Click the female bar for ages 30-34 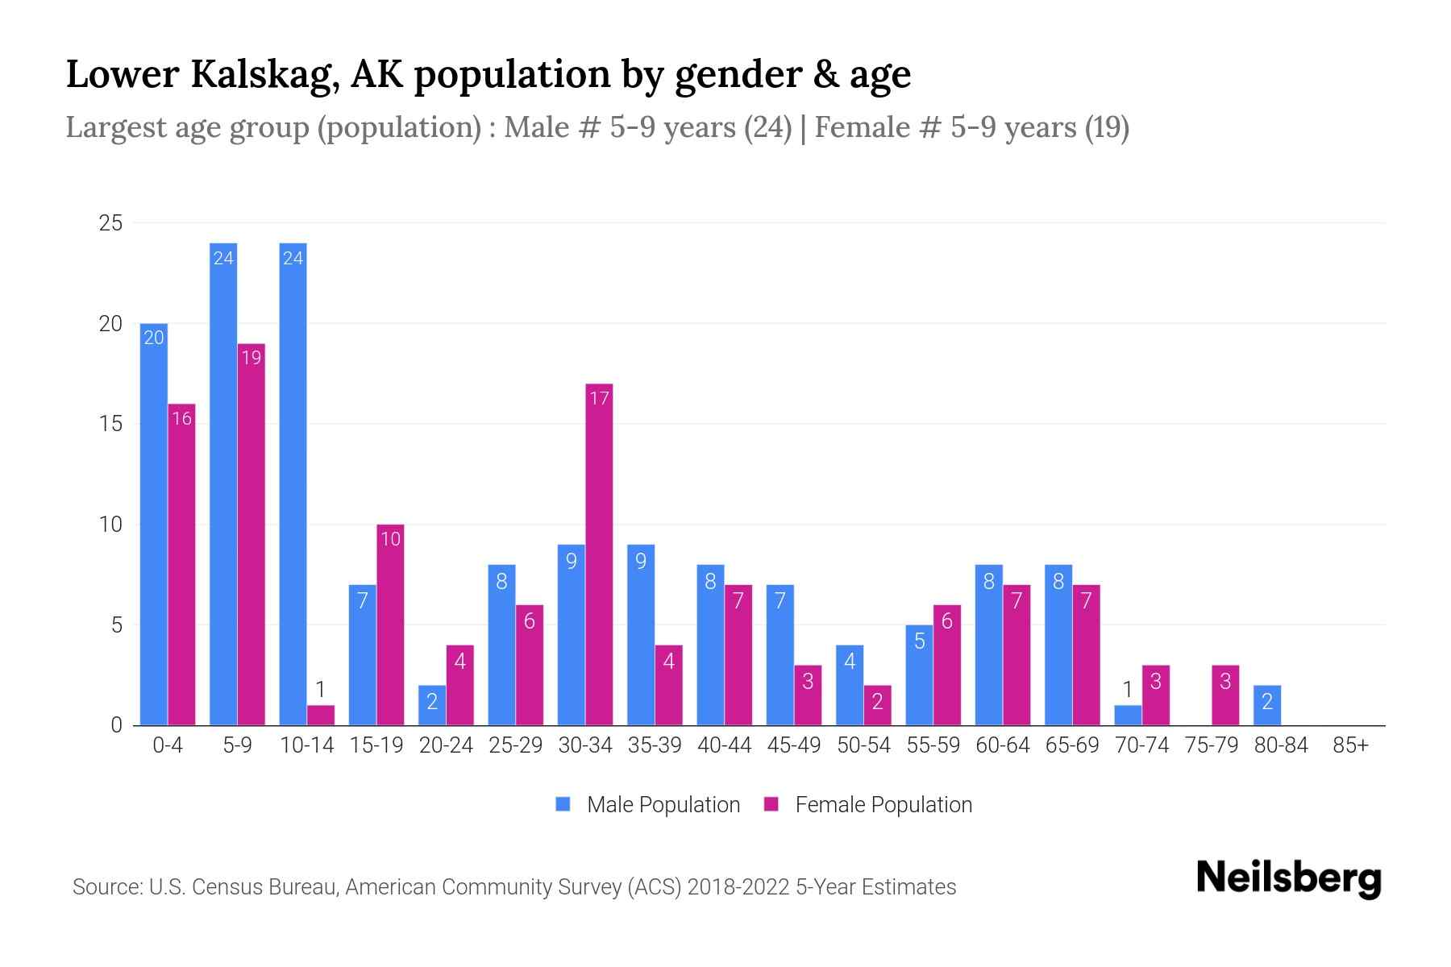point(599,556)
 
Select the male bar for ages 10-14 point(293,483)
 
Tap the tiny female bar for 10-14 point(321,716)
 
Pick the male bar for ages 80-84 point(1267,706)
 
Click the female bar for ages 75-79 point(1225,695)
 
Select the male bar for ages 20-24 point(432,706)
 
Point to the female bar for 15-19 point(390,625)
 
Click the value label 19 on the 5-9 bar point(252,357)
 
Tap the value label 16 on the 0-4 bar point(182,418)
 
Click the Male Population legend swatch point(563,804)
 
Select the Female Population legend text point(883,804)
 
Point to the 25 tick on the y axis point(110,223)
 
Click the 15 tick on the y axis point(110,424)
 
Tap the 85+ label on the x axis point(1350,745)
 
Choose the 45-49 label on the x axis point(794,745)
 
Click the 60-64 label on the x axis point(1003,745)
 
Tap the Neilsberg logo point(1288,878)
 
